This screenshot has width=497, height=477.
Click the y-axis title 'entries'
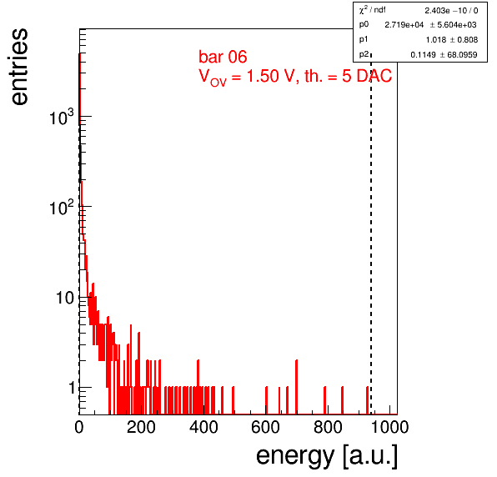click(19, 67)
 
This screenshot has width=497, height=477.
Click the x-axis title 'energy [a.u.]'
click(327, 456)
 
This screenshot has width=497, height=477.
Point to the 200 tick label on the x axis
click(141, 427)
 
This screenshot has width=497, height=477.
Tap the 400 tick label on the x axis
click(203, 427)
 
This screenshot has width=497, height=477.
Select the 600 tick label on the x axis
click(265, 427)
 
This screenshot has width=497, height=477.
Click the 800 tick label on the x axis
click(328, 427)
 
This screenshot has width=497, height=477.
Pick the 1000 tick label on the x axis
click(389, 427)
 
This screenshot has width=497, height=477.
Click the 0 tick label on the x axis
click(79, 427)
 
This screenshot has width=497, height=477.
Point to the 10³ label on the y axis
click(62, 118)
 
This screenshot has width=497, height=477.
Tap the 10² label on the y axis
click(62, 208)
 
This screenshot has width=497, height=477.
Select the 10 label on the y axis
click(65, 298)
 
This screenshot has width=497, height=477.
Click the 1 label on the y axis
click(72, 388)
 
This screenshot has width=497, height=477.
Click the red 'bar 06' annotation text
click(223, 57)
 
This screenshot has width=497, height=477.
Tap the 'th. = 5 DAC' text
click(348, 76)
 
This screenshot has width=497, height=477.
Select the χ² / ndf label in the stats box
click(372, 10)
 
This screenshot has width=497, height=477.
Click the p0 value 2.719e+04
click(404, 25)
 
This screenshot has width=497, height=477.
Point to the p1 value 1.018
click(436, 40)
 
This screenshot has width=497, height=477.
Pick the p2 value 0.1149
click(423, 55)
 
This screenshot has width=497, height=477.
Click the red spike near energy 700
click(296, 387)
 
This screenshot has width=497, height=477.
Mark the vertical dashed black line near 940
click(371, 234)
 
